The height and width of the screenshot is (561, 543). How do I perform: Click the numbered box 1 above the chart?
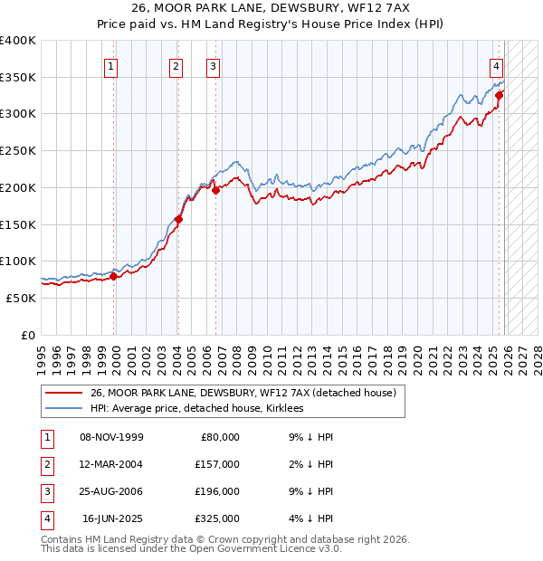coord(110,65)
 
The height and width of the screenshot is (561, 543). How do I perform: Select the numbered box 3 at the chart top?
coord(213,65)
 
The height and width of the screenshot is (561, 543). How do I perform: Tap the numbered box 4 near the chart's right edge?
coord(497,65)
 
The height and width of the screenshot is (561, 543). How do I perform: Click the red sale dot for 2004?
coord(178,218)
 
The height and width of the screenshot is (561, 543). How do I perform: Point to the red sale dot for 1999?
coord(114,276)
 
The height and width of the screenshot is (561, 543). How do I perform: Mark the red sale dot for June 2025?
coord(499,94)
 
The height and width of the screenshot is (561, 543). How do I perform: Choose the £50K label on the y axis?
coord(21,298)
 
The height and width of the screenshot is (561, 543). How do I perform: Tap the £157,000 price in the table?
coord(216,464)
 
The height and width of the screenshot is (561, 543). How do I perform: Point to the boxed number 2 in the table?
coord(45,464)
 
